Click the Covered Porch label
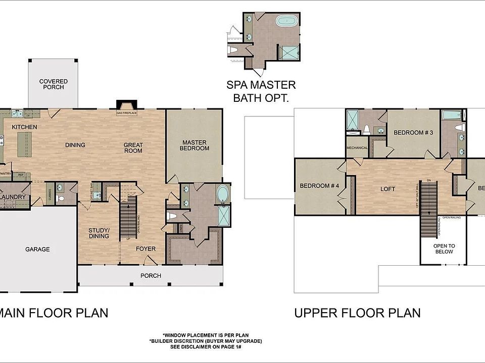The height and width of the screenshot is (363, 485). [x=54, y=84]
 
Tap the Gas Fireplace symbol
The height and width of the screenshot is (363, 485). [x=126, y=106]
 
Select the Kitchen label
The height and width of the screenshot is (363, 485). [x=24, y=127]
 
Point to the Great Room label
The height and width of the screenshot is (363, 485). [x=133, y=148]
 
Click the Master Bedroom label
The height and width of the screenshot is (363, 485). [x=195, y=145]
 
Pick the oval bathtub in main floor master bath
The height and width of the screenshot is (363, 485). [x=223, y=194]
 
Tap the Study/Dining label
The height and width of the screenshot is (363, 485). [x=99, y=232]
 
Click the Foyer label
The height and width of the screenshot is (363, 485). [x=145, y=249]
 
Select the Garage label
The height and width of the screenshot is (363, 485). [x=38, y=249]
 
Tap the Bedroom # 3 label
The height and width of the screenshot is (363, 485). [x=414, y=133]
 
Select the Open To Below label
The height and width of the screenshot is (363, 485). [x=444, y=249]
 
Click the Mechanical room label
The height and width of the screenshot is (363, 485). [x=357, y=148]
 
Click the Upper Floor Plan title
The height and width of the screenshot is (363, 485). [x=357, y=313]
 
